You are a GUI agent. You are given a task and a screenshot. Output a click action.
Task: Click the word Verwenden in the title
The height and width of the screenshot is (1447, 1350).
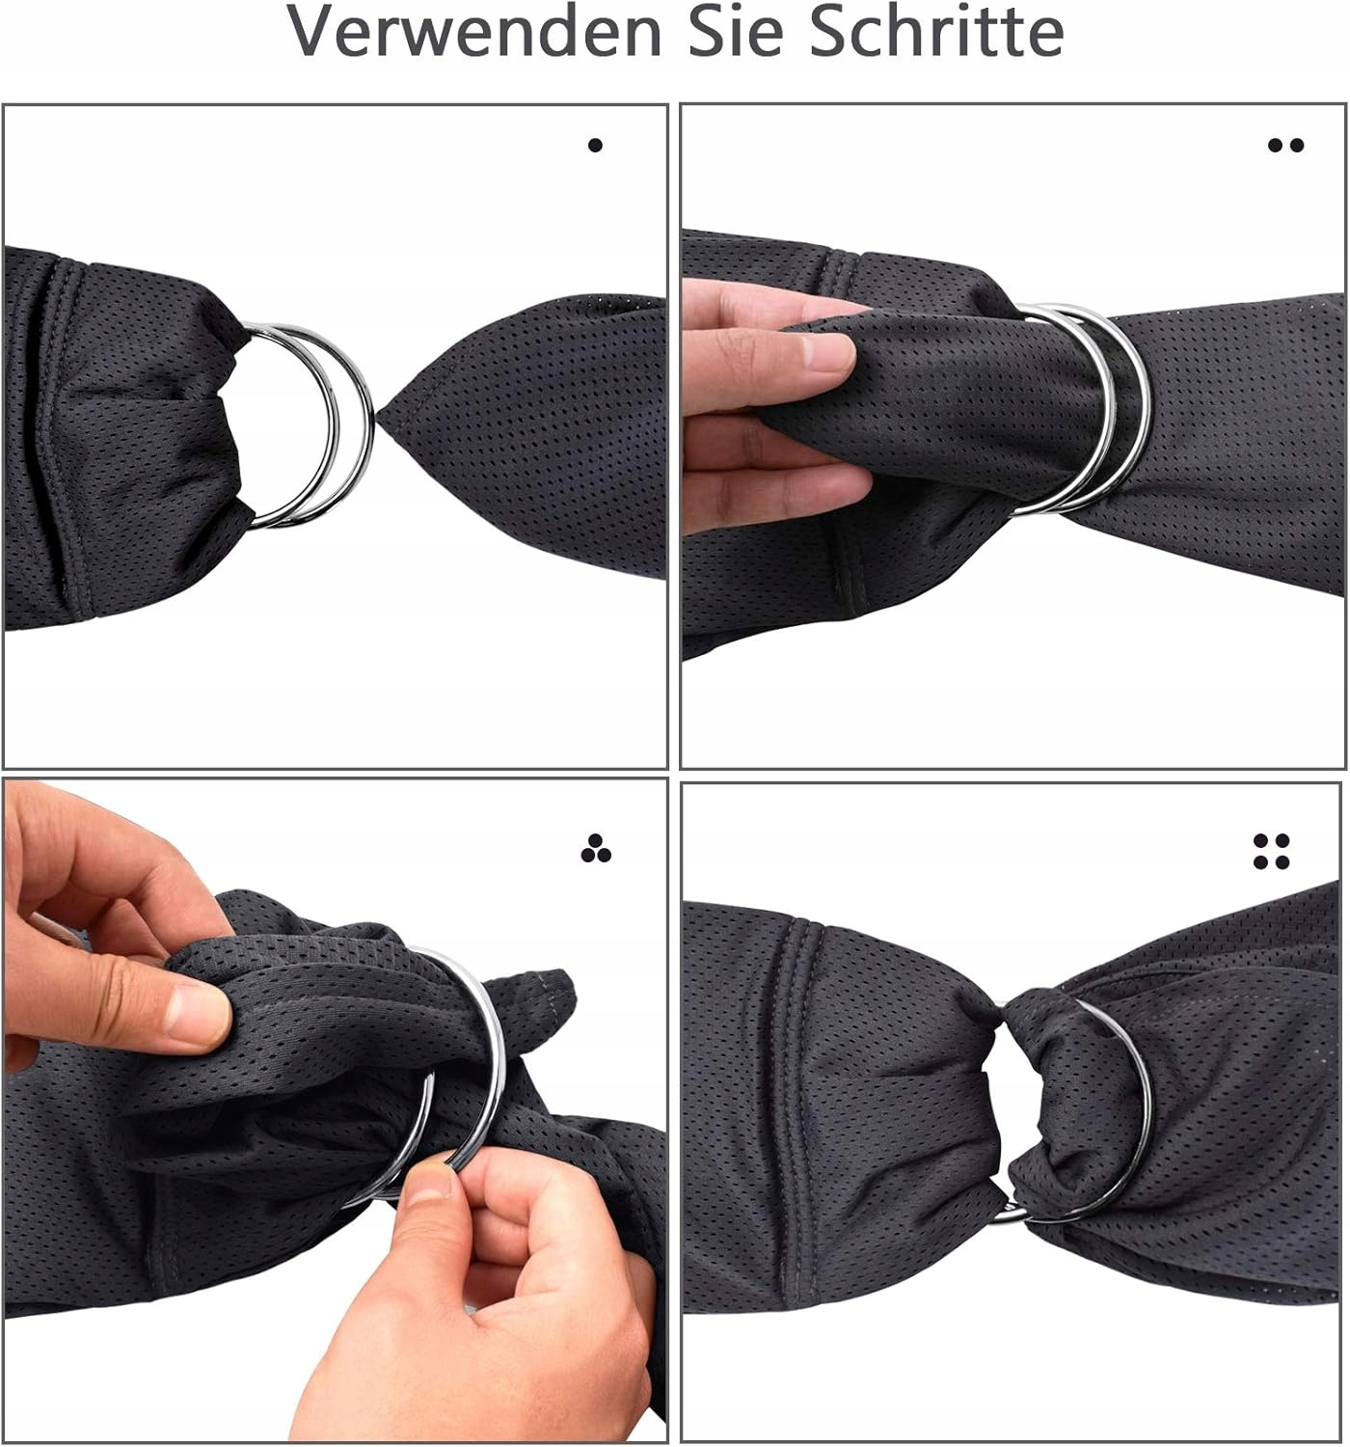point(474,31)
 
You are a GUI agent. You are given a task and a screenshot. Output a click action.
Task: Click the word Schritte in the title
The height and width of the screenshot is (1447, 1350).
point(936,31)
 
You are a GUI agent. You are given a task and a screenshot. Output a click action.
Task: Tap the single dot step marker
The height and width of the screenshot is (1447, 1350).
point(595,145)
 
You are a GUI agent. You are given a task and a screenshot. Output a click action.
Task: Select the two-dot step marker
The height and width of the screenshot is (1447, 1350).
point(1286,145)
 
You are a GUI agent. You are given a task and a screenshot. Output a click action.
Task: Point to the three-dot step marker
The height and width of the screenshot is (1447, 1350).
point(596,849)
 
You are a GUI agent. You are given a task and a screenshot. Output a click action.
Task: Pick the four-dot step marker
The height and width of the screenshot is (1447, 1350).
point(1271,851)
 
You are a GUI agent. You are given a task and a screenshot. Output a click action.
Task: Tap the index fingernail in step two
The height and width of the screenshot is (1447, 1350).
point(828,352)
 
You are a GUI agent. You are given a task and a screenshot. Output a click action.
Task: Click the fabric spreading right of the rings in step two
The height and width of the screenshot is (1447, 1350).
point(1238,437)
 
